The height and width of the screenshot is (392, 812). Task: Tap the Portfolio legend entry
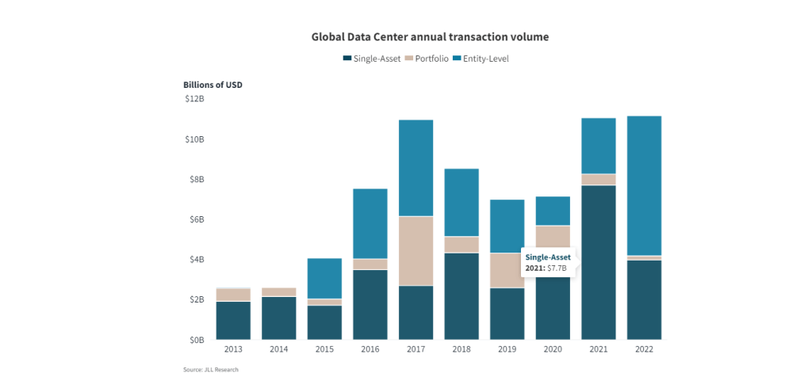point(426,59)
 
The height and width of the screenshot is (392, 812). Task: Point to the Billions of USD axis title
point(213,84)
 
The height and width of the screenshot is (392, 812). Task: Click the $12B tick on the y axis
point(194,99)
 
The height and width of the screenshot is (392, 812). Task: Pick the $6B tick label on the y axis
point(196,219)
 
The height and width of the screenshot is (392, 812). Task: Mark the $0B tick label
point(196,340)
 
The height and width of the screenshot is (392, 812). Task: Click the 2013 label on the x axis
point(233,349)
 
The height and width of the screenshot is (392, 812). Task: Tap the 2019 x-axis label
point(507,349)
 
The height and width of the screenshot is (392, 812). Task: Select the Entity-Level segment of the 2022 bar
point(644,185)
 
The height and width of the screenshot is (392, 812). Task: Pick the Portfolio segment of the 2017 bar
point(416,250)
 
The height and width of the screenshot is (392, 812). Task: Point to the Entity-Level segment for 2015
point(324,278)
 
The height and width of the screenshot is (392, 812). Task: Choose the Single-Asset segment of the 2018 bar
point(462,295)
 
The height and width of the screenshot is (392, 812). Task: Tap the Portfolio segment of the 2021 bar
point(598,179)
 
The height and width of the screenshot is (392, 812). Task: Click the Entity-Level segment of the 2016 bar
point(370,223)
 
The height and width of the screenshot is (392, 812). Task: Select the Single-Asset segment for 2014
point(279,318)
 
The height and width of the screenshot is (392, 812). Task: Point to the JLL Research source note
point(211,370)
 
